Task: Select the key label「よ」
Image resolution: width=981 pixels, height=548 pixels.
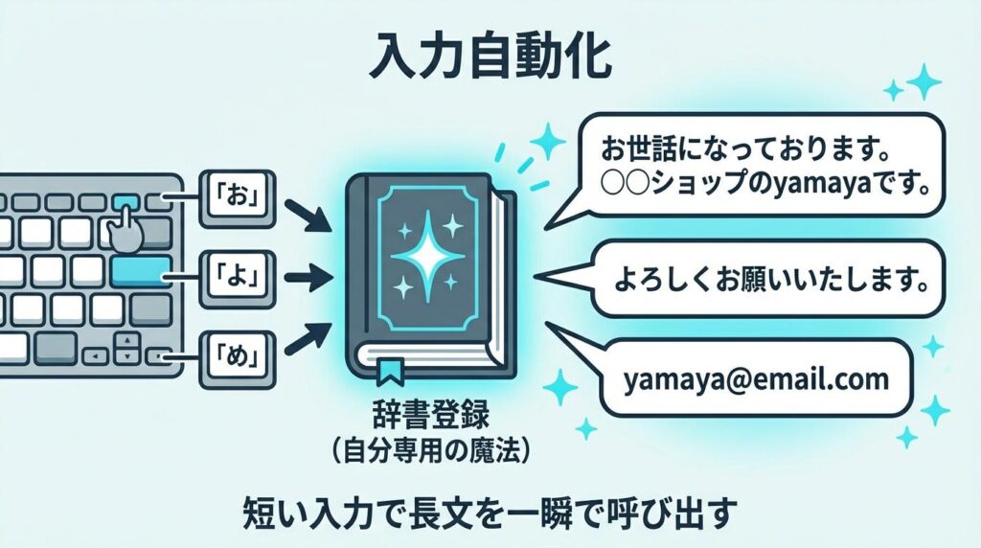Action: click(235, 278)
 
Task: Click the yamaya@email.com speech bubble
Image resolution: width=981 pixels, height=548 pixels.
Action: click(755, 379)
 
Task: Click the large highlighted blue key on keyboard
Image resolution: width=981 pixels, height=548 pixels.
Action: click(142, 271)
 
